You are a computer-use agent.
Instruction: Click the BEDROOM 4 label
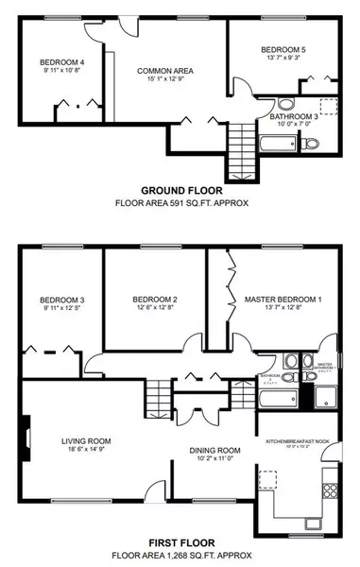click(x=56, y=63)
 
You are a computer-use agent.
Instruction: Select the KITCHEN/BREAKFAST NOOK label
click(x=298, y=441)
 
